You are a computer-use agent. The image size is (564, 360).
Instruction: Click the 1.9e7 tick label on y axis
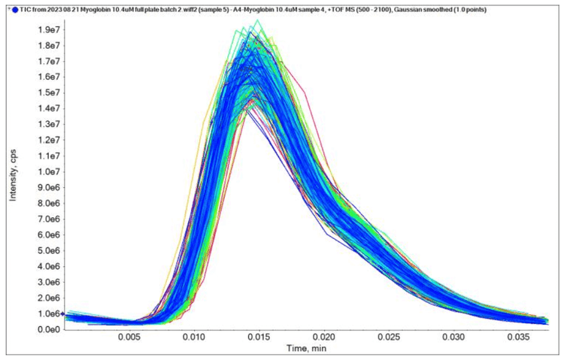[50, 29]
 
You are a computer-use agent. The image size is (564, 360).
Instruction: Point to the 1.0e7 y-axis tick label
[50, 171]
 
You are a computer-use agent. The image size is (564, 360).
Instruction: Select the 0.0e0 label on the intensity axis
[50, 329]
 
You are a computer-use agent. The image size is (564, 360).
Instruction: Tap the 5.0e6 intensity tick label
[50, 250]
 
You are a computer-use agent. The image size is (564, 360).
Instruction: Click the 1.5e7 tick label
[50, 92]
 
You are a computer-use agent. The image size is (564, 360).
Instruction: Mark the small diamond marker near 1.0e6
[62, 314]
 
